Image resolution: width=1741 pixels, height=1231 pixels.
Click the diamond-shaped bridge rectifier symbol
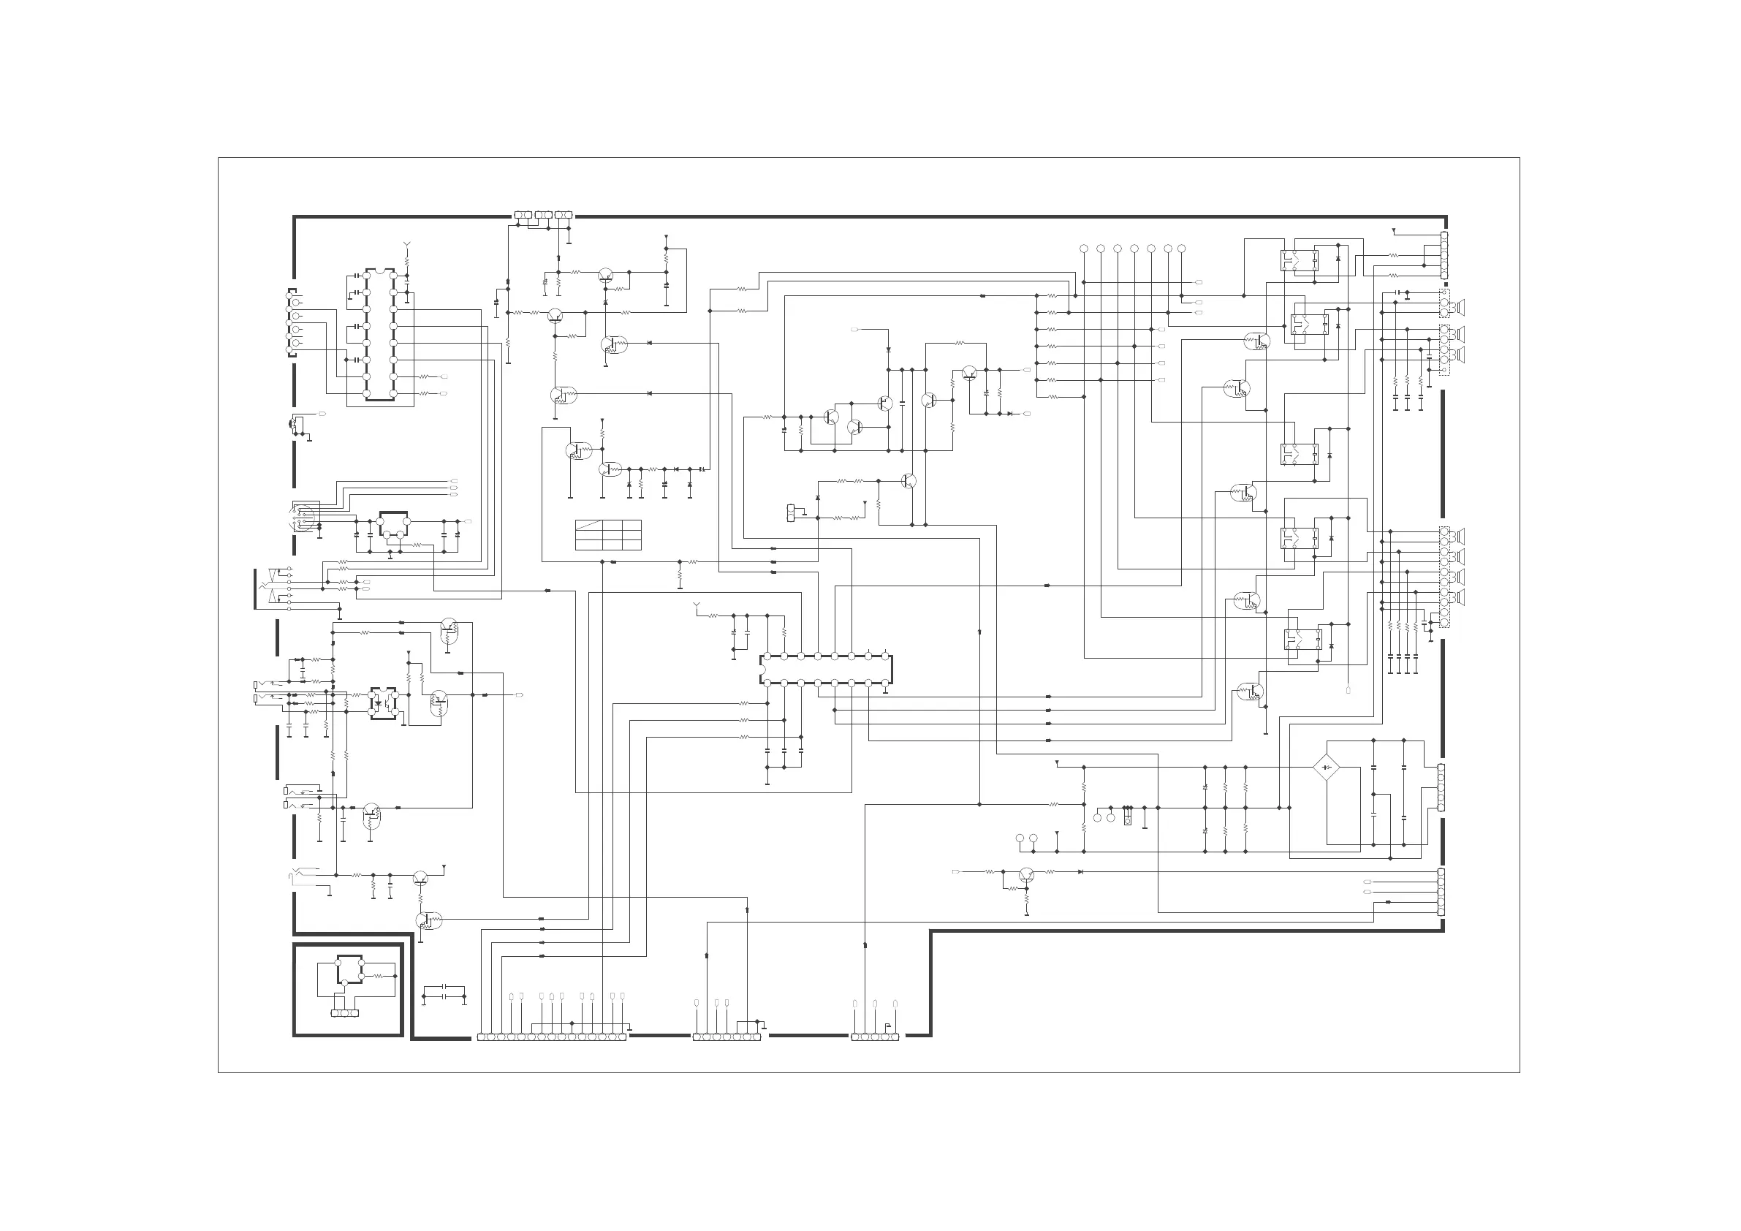point(1325,768)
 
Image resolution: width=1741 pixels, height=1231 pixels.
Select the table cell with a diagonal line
point(589,525)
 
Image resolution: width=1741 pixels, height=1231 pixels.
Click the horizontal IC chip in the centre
point(826,670)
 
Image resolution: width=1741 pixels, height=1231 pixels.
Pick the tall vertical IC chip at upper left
point(379,335)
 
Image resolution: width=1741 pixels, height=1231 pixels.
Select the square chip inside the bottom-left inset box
point(349,969)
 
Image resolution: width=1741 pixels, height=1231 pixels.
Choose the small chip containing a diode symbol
point(383,702)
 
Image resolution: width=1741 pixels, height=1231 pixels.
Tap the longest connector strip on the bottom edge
point(552,1037)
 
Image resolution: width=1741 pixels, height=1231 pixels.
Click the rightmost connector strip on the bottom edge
point(875,1037)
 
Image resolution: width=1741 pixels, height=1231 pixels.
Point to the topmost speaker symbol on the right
point(1460,307)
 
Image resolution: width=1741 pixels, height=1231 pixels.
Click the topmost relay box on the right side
point(1300,261)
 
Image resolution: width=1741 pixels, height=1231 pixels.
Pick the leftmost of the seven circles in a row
point(1084,249)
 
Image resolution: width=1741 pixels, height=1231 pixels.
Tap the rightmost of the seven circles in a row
point(1181,249)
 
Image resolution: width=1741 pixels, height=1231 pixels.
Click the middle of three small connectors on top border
point(543,216)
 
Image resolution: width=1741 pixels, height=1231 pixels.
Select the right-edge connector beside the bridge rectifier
point(1441,788)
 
